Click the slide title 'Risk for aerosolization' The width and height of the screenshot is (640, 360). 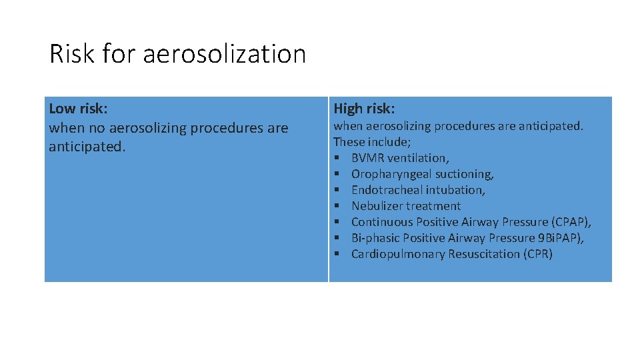tap(177, 54)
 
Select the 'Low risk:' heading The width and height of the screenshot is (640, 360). tap(78, 108)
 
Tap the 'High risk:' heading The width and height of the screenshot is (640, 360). tap(364, 109)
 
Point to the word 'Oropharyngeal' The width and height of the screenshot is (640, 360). tap(387, 174)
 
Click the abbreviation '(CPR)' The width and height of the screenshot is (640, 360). tap(539, 254)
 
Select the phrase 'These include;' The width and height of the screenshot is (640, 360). tap(371, 142)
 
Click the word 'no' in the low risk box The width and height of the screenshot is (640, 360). tap(96, 127)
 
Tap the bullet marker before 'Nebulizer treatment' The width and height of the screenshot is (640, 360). tap(337, 206)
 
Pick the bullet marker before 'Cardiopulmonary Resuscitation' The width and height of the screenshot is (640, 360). tap(337, 254)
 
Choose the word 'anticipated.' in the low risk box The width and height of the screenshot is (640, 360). tap(87, 146)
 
